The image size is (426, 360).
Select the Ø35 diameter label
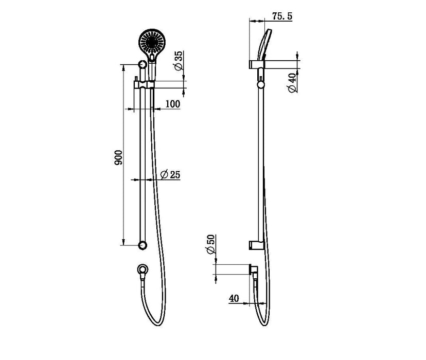(177, 61)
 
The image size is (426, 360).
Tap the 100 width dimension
(173, 104)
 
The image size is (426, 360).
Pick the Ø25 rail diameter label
(170, 175)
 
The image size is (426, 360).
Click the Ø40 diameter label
(292, 82)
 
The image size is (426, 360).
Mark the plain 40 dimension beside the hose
(234, 297)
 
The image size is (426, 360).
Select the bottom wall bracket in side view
(256, 244)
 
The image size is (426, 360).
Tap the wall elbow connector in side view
(254, 269)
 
